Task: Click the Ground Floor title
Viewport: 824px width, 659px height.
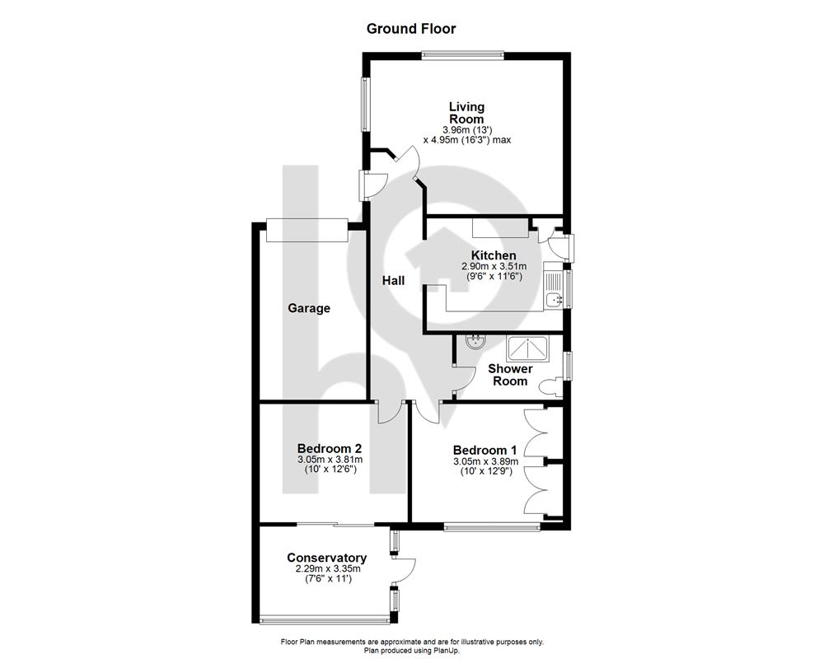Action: click(x=411, y=28)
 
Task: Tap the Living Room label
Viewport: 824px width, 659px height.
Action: click(x=466, y=113)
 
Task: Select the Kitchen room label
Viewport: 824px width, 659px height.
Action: click(x=494, y=255)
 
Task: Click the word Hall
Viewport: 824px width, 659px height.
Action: click(x=393, y=281)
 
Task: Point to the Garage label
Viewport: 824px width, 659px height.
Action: click(x=309, y=308)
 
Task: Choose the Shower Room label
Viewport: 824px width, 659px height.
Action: click(x=510, y=375)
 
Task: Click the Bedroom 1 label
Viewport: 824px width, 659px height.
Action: click(x=485, y=451)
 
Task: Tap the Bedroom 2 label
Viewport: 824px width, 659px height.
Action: click(x=330, y=448)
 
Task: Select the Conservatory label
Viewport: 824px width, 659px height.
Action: click(x=327, y=558)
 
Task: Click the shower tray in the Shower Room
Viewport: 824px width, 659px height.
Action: click(x=527, y=348)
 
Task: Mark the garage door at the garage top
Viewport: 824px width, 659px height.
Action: click(x=307, y=230)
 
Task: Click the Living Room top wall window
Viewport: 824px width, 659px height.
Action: click(x=463, y=54)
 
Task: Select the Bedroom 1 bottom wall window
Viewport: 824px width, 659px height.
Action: click(x=492, y=526)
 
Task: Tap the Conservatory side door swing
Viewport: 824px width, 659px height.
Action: click(x=404, y=570)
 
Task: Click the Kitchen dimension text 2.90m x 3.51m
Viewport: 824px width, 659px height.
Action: click(x=494, y=267)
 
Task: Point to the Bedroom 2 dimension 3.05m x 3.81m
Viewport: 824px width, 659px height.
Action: click(x=330, y=460)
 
